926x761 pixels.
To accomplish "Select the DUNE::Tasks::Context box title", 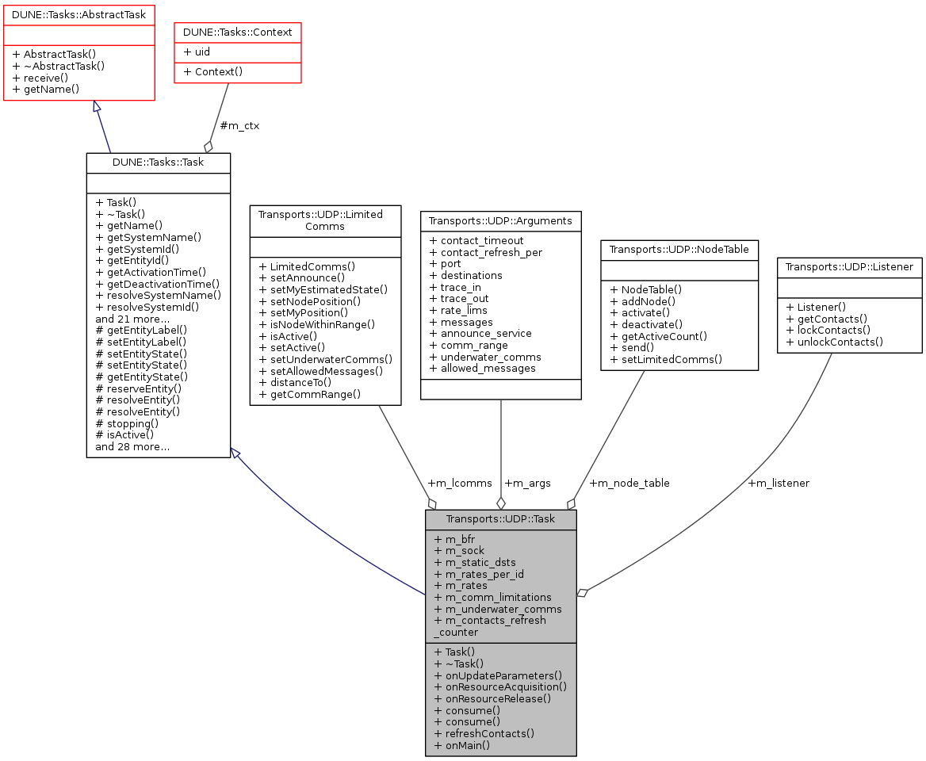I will coord(238,33).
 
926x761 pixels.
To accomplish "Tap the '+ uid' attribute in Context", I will coord(197,52).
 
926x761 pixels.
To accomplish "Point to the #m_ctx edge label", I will coord(239,126).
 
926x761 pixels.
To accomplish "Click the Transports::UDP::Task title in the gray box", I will coord(500,520).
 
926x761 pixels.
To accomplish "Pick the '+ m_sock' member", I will coord(459,551).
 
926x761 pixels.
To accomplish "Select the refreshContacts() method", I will coord(484,733).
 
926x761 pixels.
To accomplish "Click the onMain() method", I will coord(462,745).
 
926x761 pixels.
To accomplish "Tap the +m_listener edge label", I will coord(778,483).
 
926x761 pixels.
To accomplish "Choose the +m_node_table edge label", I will coord(629,483).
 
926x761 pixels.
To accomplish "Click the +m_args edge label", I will coord(527,483).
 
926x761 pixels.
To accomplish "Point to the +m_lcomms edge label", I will coord(459,483).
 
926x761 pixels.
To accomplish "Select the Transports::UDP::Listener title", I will coord(849,267).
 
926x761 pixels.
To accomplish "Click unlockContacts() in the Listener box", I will coord(834,342).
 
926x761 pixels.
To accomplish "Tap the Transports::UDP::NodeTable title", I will coord(679,250).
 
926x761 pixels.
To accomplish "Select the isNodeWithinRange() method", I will coord(317,324).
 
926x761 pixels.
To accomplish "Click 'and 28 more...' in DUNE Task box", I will coord(132,447).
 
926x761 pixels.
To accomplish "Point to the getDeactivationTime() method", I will coord(157,283).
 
